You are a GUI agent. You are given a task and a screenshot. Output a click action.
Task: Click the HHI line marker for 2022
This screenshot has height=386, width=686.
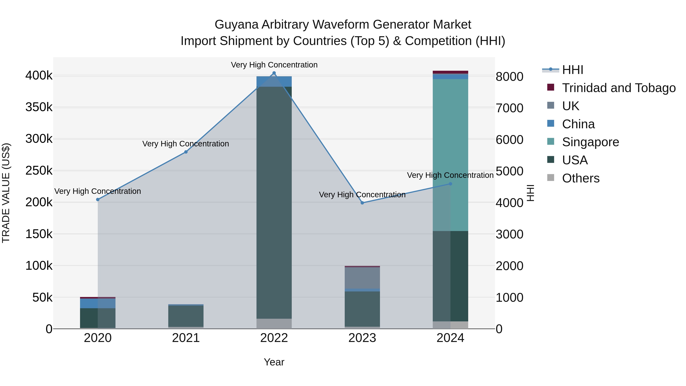click(x=274, y=73)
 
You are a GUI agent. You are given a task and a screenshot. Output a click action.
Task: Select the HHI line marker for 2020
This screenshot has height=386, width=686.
click(x=98, y=200)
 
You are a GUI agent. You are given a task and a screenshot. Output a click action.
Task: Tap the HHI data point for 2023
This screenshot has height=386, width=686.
click(x=362, y=203)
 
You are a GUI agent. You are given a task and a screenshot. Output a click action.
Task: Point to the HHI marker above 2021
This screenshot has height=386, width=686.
click(x=186, y=152)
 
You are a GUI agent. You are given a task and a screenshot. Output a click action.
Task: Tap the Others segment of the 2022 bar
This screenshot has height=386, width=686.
click(x=274, y=323)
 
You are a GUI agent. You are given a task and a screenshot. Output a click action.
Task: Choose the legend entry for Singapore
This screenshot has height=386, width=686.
click(x=590, y=142)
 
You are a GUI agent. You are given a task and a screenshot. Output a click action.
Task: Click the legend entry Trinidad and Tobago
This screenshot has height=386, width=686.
click(x=619, y=88)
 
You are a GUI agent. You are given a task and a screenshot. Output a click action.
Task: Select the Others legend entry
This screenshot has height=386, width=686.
click(x=581, y=178)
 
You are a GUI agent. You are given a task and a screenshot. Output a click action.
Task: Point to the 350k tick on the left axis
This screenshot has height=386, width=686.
click(x=39, y=107)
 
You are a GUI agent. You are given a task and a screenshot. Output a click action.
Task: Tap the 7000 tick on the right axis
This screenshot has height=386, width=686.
click(x=509, y=108)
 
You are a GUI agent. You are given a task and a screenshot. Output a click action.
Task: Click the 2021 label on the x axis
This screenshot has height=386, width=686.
click(x=186, y=338)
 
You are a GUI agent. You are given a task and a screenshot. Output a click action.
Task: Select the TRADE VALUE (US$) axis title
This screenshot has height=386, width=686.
click(x=6, y=193)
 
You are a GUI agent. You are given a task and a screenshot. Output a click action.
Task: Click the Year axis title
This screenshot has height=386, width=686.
click(x=274, y=362)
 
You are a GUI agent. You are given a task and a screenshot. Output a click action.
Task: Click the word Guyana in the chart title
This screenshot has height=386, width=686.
click(x=236, y=25)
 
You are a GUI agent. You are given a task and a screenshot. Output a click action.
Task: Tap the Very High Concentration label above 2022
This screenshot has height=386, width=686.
click(x=274, y=65)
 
